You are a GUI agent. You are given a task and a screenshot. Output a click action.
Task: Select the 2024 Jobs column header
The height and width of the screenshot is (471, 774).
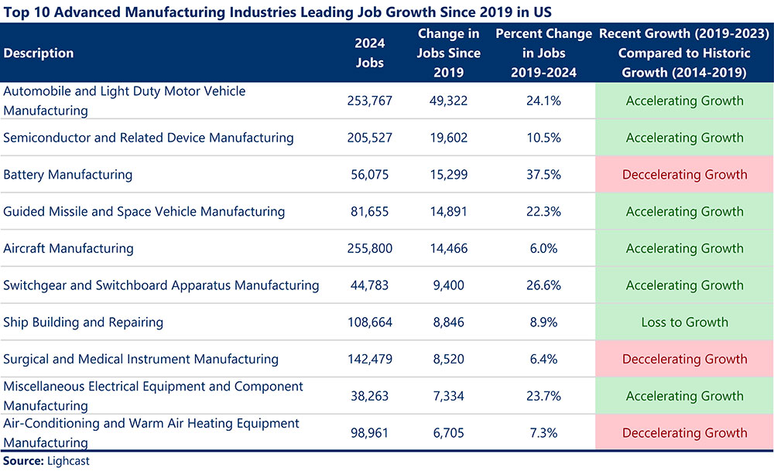coord(369,53)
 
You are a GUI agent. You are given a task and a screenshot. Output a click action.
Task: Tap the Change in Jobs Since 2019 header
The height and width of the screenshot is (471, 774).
coord(449,53)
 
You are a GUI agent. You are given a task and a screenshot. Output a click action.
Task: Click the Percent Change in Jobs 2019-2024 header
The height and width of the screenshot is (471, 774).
coord(543,53)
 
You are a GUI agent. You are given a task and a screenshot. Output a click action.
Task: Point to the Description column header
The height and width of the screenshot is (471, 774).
coord(39,53)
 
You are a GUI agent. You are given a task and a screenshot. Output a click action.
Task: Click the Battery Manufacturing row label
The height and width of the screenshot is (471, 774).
coord(68,175)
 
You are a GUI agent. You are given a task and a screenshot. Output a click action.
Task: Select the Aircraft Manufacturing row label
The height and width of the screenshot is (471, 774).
coord(69,248)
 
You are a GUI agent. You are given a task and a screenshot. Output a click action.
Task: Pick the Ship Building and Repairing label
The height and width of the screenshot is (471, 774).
coord(84,322)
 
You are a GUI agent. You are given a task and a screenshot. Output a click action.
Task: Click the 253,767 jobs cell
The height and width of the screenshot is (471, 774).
coord(369,101)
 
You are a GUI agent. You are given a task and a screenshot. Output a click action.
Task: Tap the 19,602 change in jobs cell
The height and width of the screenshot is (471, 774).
coord(449,138)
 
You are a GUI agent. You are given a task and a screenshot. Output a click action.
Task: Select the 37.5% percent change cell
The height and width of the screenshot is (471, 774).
coord(543,175)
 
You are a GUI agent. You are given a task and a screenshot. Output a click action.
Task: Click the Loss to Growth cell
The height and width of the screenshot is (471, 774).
coord(684,322)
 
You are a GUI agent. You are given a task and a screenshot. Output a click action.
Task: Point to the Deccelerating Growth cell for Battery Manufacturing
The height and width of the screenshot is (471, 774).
coord(684,175)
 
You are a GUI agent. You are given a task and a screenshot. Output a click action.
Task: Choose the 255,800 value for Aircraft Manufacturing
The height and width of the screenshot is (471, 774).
coord(369,248)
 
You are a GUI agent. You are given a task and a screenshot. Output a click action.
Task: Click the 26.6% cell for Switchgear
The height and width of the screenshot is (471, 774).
coord(543,285)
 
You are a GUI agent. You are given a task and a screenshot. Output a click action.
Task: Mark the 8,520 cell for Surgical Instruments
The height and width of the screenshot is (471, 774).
coord(449,359)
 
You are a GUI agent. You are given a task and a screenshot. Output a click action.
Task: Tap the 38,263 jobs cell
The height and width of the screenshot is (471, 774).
coord(369,396)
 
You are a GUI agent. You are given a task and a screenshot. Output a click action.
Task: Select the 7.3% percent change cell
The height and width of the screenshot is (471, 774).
coord(543,433)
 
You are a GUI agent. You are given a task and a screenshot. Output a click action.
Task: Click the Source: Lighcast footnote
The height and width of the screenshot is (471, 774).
coord(46,461)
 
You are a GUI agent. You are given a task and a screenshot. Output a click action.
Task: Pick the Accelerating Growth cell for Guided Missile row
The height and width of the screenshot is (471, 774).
coord(684,211)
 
